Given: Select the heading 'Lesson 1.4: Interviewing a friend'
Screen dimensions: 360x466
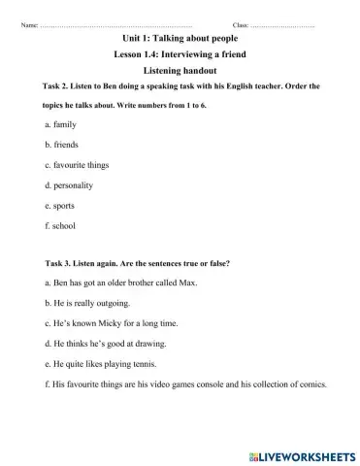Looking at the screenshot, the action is (180, 55).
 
